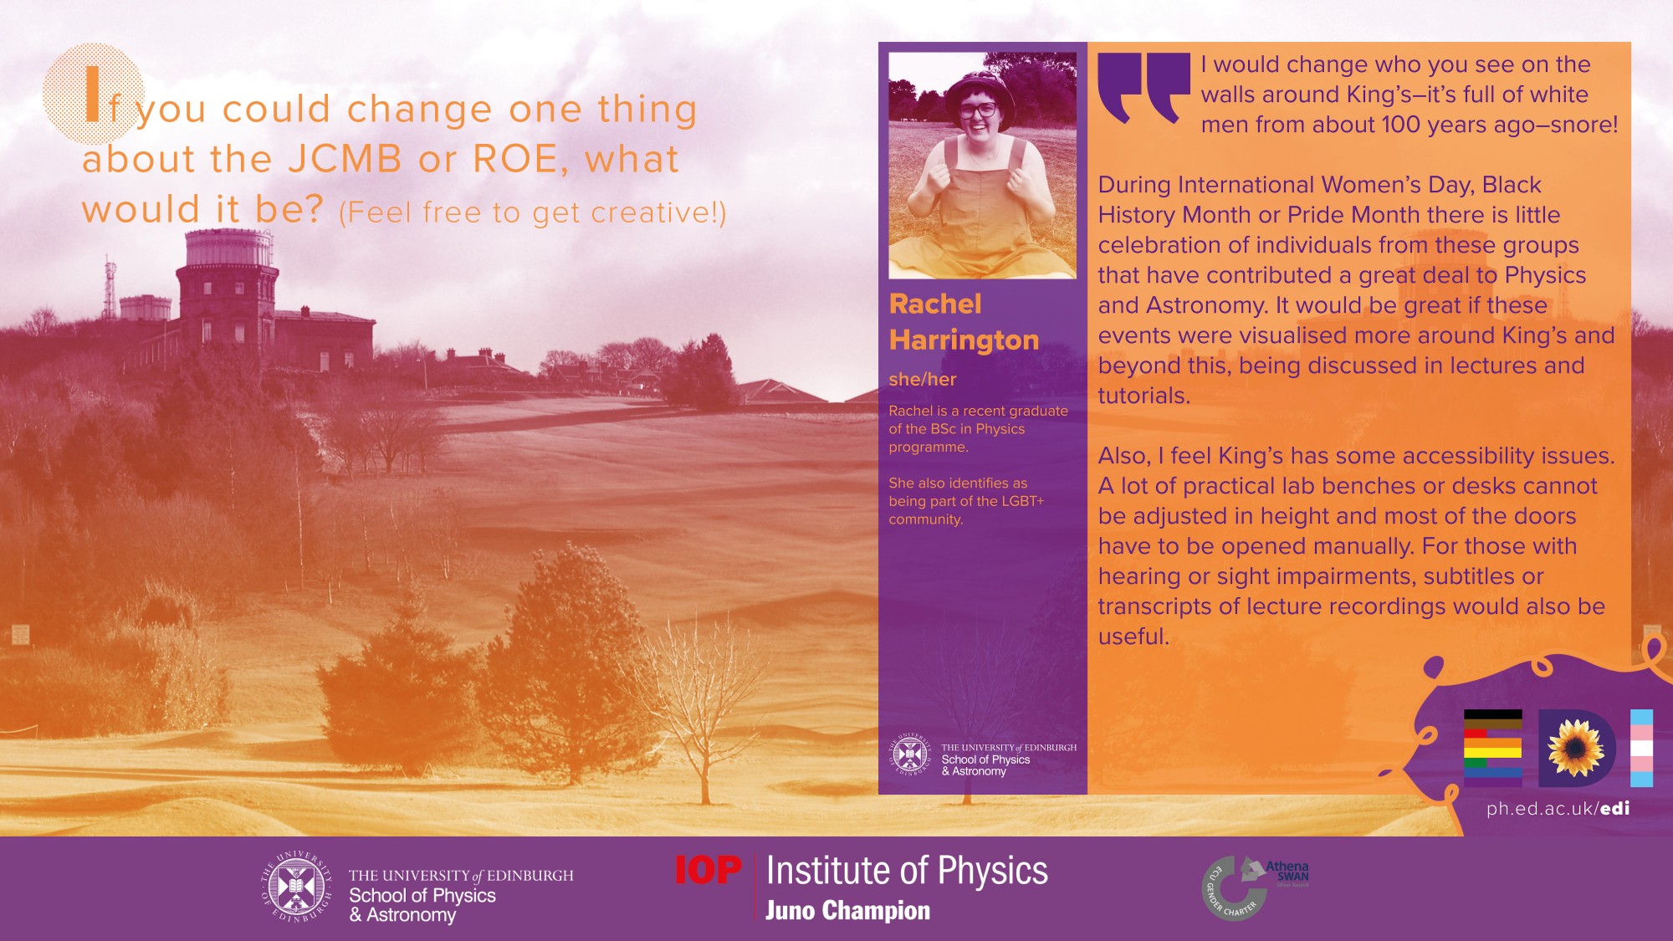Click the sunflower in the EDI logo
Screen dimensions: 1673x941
coord(1576,749)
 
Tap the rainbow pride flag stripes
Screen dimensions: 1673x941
coord(1492,748)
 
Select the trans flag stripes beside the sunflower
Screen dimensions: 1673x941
coord(1641,748)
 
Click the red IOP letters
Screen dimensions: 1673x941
coord(709,870)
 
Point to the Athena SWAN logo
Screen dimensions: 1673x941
coord(1255,887)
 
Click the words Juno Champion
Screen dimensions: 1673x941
coord(847,910)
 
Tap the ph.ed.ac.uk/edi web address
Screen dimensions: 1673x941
coord(1558,808)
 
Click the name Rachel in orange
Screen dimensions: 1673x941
coord(935,304)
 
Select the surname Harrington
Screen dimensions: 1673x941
coord(964,340)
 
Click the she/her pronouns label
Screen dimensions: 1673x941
coord(922,379)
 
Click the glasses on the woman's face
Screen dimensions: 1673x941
coord(977,110)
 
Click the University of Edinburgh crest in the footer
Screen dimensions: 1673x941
coord(296,887)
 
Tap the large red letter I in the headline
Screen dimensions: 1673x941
coord(93,94)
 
